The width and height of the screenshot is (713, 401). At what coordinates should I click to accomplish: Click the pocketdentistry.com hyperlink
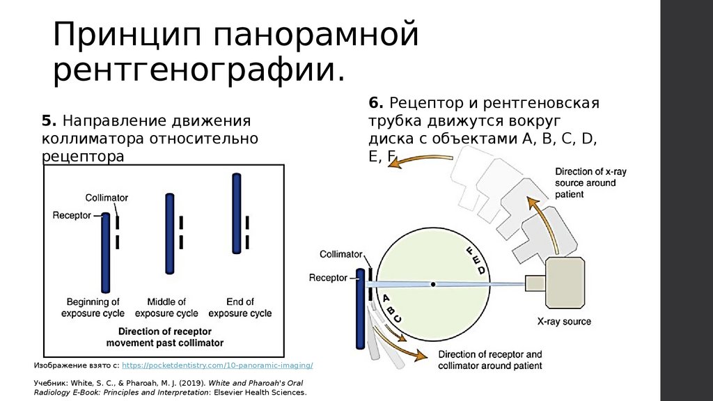point(217,365)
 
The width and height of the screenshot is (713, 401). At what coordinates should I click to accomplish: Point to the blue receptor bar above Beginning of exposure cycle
point(106,253)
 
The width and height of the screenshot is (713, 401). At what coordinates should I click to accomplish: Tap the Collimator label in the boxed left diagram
point(107,198)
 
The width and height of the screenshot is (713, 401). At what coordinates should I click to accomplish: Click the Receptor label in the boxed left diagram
point(72,215)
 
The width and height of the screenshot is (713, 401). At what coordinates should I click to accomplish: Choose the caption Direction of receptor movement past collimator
point(165,337)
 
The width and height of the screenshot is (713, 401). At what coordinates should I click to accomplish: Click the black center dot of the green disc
point(433,284)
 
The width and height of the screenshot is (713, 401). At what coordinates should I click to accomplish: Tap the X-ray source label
point(564,322)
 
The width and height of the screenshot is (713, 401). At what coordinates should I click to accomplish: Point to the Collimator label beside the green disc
point(341,255)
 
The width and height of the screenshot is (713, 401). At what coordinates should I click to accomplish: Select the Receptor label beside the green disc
point(328,278)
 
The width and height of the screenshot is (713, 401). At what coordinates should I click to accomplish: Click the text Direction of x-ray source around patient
point(586,182)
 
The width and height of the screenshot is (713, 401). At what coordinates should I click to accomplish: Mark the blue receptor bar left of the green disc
point(360,307)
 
